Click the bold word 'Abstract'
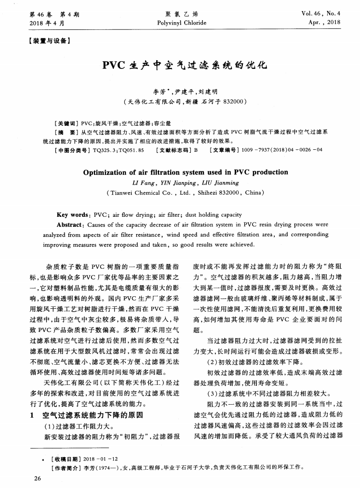[x=72, y=224]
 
